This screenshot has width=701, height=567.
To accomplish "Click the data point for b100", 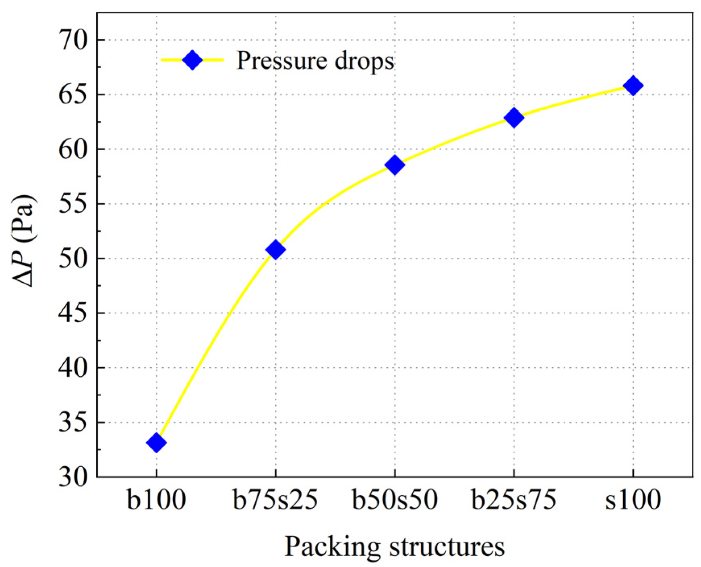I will click(x=156, y=443).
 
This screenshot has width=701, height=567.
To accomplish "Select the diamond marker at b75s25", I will click(x=275, y=249).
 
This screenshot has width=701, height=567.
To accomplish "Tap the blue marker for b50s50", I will click(x=395, y=165).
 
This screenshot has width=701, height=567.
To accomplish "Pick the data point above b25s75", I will click(x=514, y=118).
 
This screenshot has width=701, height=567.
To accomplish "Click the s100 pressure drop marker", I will click(x=633, y=85).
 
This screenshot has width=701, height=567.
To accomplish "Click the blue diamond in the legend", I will click(x=192, y=60).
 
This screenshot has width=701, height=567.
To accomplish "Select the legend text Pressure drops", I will click(x=315, y=61).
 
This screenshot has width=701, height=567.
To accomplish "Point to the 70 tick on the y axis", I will click(x=73, y=40).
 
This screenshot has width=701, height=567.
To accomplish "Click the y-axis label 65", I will click(x=73, y=95).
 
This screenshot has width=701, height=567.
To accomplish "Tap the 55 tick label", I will click(x=73, y=204).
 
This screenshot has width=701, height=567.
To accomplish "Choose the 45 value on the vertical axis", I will click(x=73, y=313).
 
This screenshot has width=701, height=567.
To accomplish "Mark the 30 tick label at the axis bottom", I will click(x=73, y=477).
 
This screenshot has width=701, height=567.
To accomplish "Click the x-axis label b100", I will click(x=156, y=500).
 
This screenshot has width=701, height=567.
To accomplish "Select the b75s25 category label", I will click(x=275, y=500).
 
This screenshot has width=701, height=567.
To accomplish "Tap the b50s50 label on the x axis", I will click(x=395, y=500).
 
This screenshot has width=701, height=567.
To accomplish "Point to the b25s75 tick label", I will click(x=514, y=500).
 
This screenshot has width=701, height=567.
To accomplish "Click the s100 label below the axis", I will click(x=633, y=500).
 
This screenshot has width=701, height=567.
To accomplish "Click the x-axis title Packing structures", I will click(x=395, y=547).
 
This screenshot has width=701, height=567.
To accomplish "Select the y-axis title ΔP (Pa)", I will click(x=23, y=240).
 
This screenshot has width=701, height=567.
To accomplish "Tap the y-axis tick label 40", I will click(x=73, y=368).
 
